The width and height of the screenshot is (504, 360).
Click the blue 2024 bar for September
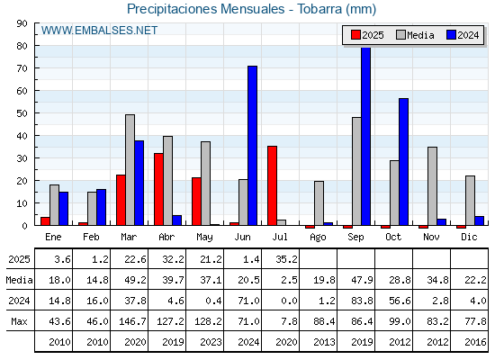365,136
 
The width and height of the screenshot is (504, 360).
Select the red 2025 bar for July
272,185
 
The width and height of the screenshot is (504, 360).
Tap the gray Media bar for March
130,170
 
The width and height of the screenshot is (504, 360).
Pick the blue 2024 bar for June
252,146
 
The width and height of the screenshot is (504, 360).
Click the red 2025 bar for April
158,189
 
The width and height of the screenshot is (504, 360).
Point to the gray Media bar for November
432,186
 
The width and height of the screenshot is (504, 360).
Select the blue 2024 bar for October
404,162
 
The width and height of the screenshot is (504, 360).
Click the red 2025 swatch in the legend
355,35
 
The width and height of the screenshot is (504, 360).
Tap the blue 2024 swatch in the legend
451,35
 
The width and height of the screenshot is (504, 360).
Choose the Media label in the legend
420,35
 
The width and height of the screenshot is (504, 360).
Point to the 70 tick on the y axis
22,68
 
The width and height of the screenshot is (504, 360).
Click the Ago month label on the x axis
318,238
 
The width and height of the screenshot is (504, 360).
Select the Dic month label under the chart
469,237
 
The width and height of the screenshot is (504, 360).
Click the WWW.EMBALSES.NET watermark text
99,31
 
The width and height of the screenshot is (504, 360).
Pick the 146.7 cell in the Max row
132,321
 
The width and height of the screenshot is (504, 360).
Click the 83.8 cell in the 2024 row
362,301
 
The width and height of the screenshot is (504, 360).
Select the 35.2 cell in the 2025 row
286,259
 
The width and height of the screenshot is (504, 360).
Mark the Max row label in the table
19,321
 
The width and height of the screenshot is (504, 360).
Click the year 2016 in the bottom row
475,342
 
